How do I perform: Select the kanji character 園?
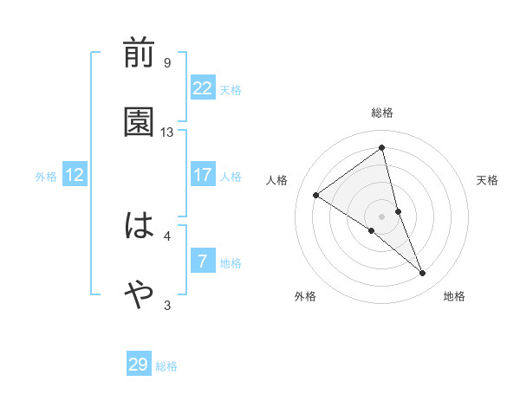[139, 123]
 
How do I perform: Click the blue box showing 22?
[203, 87]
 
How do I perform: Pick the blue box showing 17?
[203, 175]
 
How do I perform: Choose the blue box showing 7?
[203, 262]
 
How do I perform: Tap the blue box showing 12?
[75, 175]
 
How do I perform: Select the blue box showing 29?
[139, 364]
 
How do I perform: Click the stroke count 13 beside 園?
[167, 132]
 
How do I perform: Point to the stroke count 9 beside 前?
[167, 63]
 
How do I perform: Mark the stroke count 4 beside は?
[167, 236]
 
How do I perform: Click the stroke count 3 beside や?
[167, 305]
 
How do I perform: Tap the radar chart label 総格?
[382, 113]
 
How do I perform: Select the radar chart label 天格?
[488, 180]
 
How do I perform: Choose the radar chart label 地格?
[454, 296]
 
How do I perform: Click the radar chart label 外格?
[305, 296]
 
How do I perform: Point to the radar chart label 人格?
[276, 180]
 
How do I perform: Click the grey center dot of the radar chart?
[382, 216]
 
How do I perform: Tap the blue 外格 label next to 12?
[46, 177]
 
